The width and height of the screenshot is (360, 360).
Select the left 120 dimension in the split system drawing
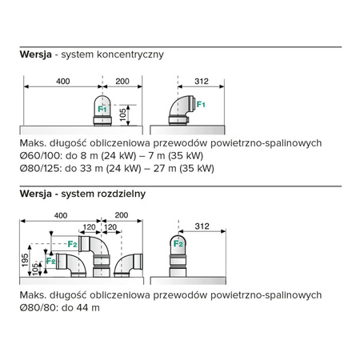[90, 227]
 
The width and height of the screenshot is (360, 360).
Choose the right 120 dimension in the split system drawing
[110, 227]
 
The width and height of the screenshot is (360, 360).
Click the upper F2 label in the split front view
[73, 242]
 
